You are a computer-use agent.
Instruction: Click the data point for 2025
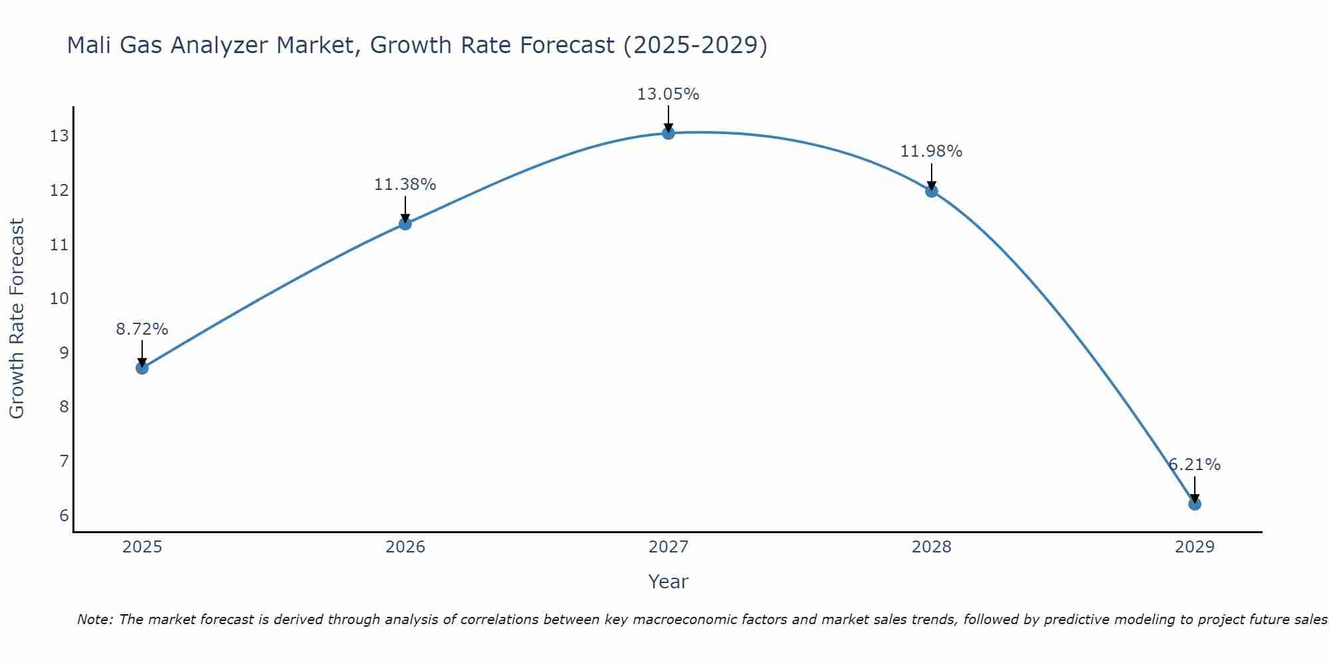[142, 368]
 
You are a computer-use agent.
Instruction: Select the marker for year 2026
[405, 224]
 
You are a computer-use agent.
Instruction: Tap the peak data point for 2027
[668, 133]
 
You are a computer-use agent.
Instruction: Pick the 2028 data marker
[932, 191]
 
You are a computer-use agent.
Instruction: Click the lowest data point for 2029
[1195, 504]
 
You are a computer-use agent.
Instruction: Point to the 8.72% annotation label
[142, 329]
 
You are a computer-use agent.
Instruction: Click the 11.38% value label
[405, 185]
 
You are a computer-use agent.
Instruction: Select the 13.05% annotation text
[668, 94]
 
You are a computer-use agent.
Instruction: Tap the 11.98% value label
[932, 151]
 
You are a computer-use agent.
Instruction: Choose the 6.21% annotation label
[1195, 465]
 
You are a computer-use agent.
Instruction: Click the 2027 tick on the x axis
[668, 547]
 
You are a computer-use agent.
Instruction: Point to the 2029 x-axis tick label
[1195, 547]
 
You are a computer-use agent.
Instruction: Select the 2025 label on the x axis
[142, 547]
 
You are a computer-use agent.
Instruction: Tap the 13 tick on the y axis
[59, 136]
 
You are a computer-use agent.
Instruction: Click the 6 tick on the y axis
[64, 516]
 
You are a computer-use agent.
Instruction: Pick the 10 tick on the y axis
[59, 299]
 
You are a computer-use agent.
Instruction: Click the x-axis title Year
[668, 582]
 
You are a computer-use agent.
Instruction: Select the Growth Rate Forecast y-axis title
[17, 319]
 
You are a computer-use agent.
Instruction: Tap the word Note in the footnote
[95, 620]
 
